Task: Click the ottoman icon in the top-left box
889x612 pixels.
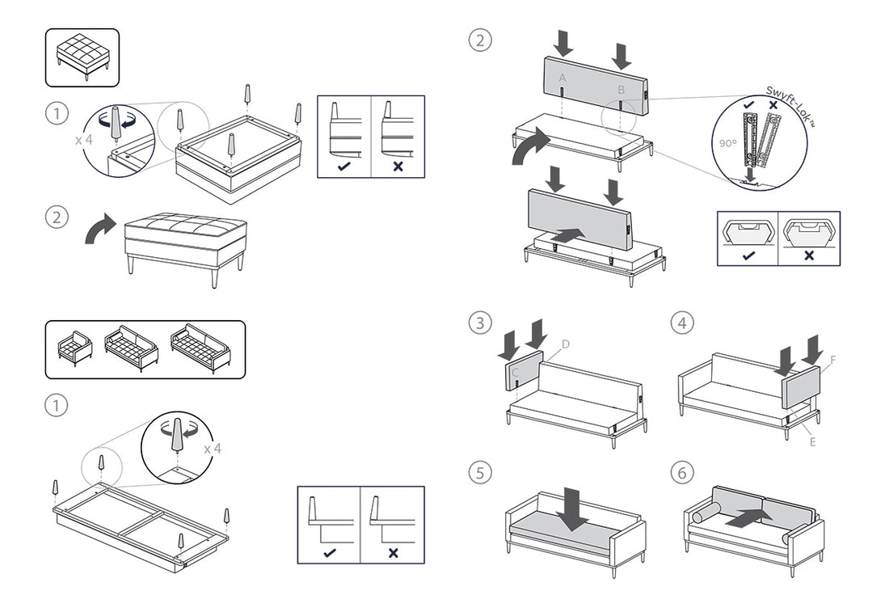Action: (82, 57)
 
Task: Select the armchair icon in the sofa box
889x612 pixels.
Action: (76, 348)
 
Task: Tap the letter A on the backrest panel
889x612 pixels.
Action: (562, 77)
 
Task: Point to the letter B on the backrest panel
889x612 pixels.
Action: (621, 89)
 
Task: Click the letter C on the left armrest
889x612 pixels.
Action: (515, 373)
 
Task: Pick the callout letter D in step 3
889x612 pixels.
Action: (566, 344)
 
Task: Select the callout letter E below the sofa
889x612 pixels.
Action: (812, 441)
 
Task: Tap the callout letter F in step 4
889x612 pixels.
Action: (833, 358)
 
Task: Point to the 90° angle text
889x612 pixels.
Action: (727, 143)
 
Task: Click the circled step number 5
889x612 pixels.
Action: (480, 472)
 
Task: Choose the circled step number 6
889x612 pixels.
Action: (682, 472)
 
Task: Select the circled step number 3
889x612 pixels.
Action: (480, 323)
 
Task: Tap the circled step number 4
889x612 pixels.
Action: (682, 323)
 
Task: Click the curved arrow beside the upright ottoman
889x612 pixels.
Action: (100, 229)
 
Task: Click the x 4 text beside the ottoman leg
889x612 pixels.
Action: (84, 139)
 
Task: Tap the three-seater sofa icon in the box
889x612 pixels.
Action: (200, 348)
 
